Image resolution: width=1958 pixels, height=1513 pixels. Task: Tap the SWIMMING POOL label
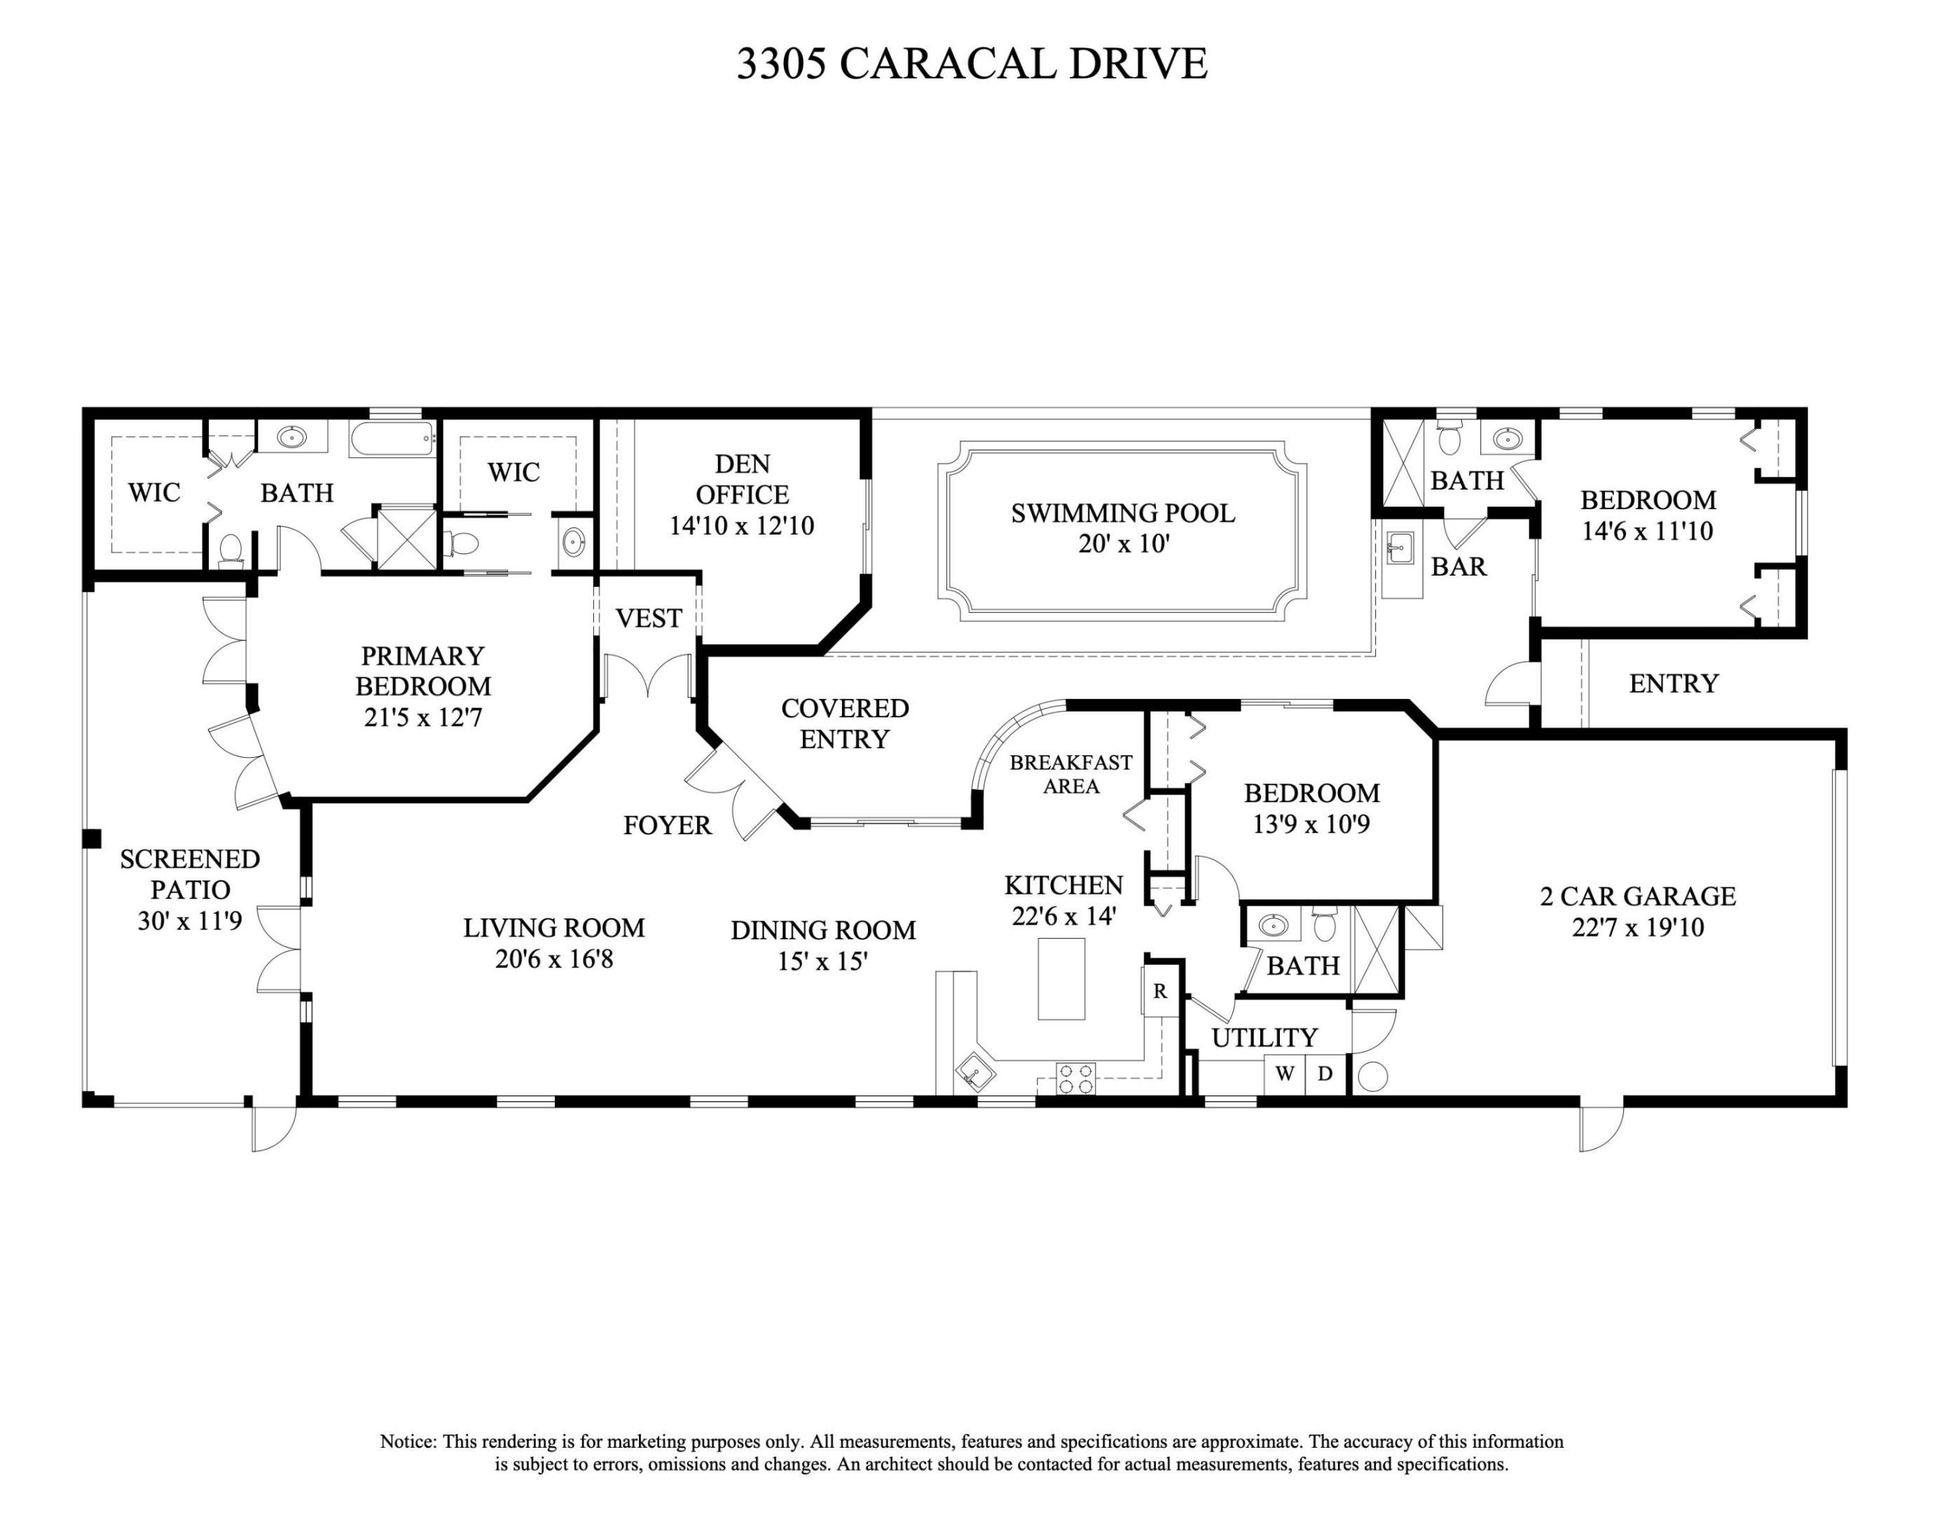(x=1122, y=513)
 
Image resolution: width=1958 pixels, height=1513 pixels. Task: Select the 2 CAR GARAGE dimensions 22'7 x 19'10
(x=1637, y=927)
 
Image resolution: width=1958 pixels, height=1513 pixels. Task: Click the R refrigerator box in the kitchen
(x=1160, y=991)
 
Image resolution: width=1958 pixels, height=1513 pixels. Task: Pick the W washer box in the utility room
(x=1284, y=1074)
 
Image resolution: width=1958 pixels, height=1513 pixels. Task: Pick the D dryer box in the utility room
(x=1325, y=1074)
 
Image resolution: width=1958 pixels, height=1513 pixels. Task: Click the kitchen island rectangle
(x=1061, y=978)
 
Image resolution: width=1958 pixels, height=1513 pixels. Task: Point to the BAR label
(x=1459, y=567)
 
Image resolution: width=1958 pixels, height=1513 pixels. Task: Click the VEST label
(x=648, y=619)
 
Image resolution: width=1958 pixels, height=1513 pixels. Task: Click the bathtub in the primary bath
(x=392, y=439)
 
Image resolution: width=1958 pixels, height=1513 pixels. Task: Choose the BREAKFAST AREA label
(x=1070, y=773)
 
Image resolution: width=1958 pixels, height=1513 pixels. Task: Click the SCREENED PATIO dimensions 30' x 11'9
(x=189, y=920)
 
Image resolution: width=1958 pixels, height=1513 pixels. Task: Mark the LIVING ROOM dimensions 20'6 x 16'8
(x=554, y=959)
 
